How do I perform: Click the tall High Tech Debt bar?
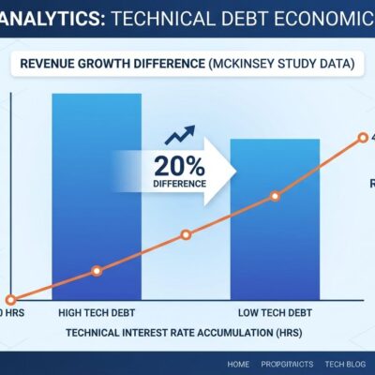click(97, 187)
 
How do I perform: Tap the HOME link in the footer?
click(239, 363)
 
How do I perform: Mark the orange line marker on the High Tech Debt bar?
click(96, 270)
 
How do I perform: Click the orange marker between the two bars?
click(185, 233)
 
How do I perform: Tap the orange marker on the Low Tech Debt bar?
click(275, 196)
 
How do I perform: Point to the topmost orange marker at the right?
click(364, 138)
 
